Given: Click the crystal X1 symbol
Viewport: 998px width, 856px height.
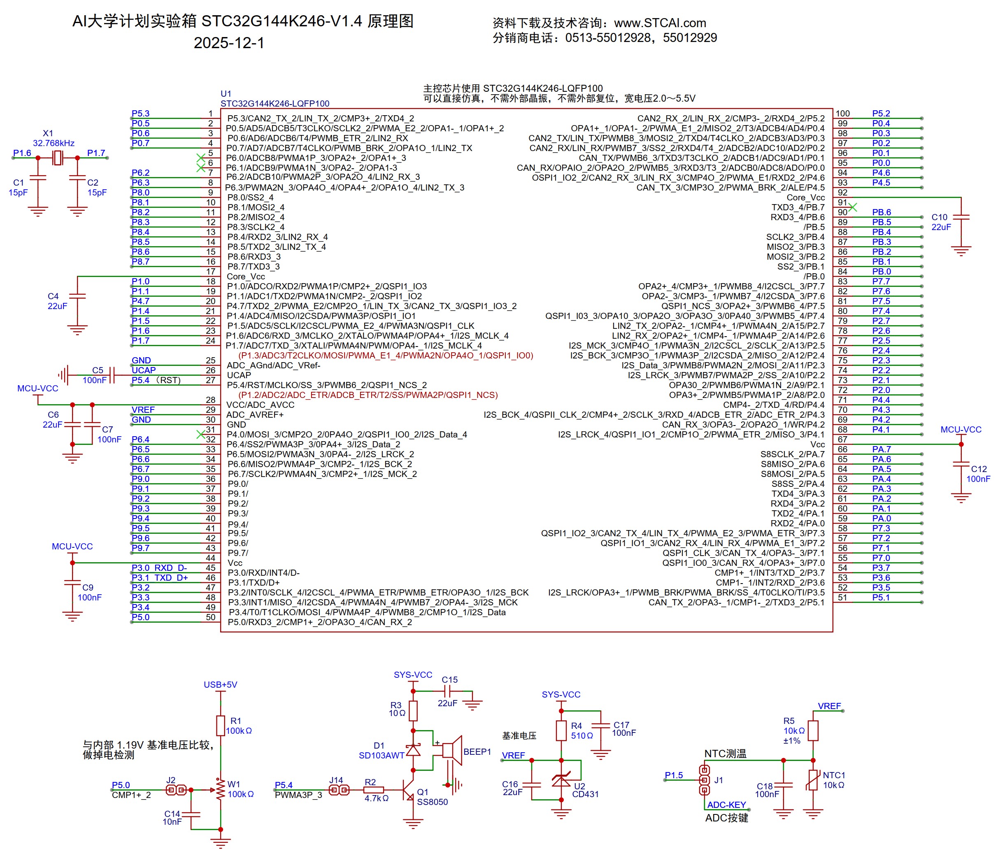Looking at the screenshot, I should [58, 158].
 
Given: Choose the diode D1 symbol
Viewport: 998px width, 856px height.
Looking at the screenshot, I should [413, 750].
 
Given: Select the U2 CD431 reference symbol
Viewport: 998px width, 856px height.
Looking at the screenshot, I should [561, 779].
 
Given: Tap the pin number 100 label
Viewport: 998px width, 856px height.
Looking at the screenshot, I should [842, 114].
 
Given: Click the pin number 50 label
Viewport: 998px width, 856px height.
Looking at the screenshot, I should [210, 617].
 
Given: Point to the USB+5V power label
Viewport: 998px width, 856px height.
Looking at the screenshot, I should [220, 684].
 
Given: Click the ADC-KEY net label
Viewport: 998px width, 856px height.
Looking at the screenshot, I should [726, 805].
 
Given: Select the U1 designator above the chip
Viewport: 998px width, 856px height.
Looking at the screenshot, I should [226, 93].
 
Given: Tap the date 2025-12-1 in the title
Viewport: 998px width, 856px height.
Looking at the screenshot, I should [229, 43].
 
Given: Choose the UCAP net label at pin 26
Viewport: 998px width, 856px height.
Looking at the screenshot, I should [144, 370].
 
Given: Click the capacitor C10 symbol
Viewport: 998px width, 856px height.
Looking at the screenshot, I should [961, 218].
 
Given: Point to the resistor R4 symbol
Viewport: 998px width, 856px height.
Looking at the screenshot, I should [561, 730].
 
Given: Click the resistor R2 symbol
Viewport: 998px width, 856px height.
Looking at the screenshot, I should [374, 790].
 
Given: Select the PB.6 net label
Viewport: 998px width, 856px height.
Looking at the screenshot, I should [882, 212].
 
